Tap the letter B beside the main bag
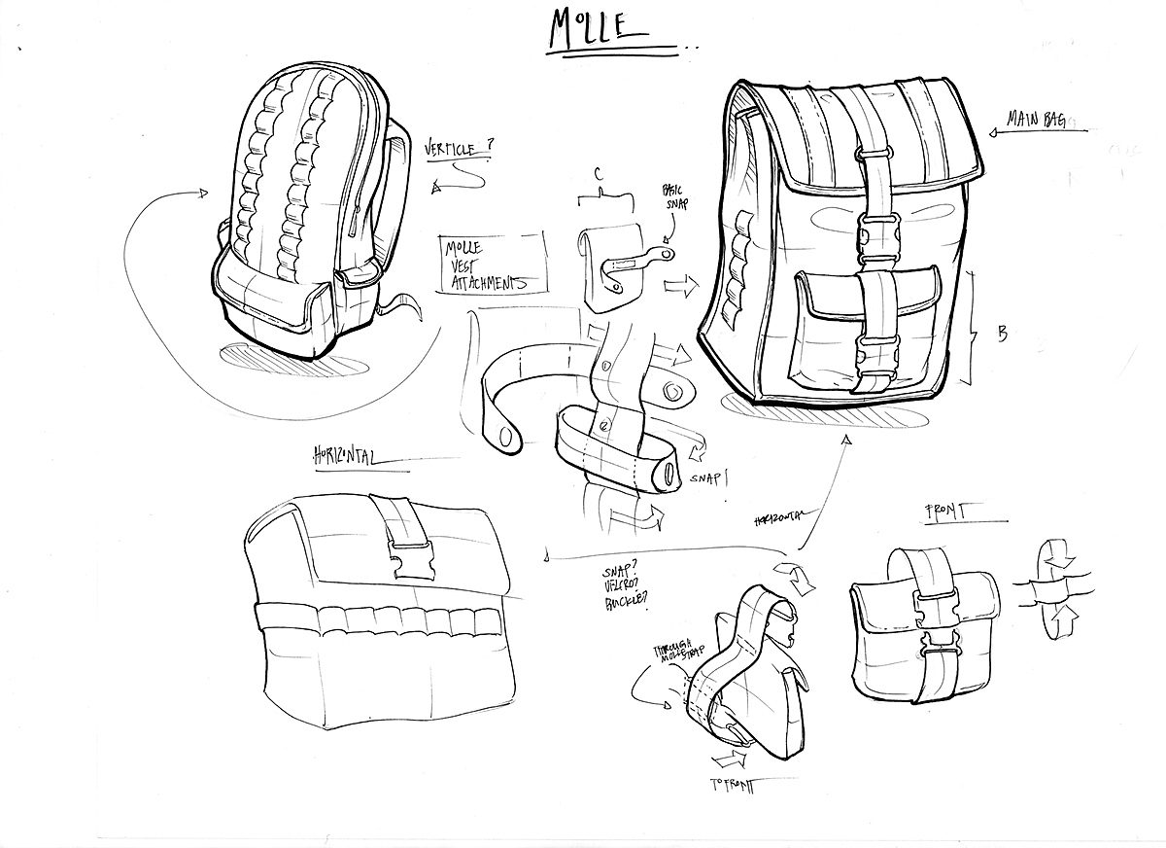1002,333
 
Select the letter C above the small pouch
600,176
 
